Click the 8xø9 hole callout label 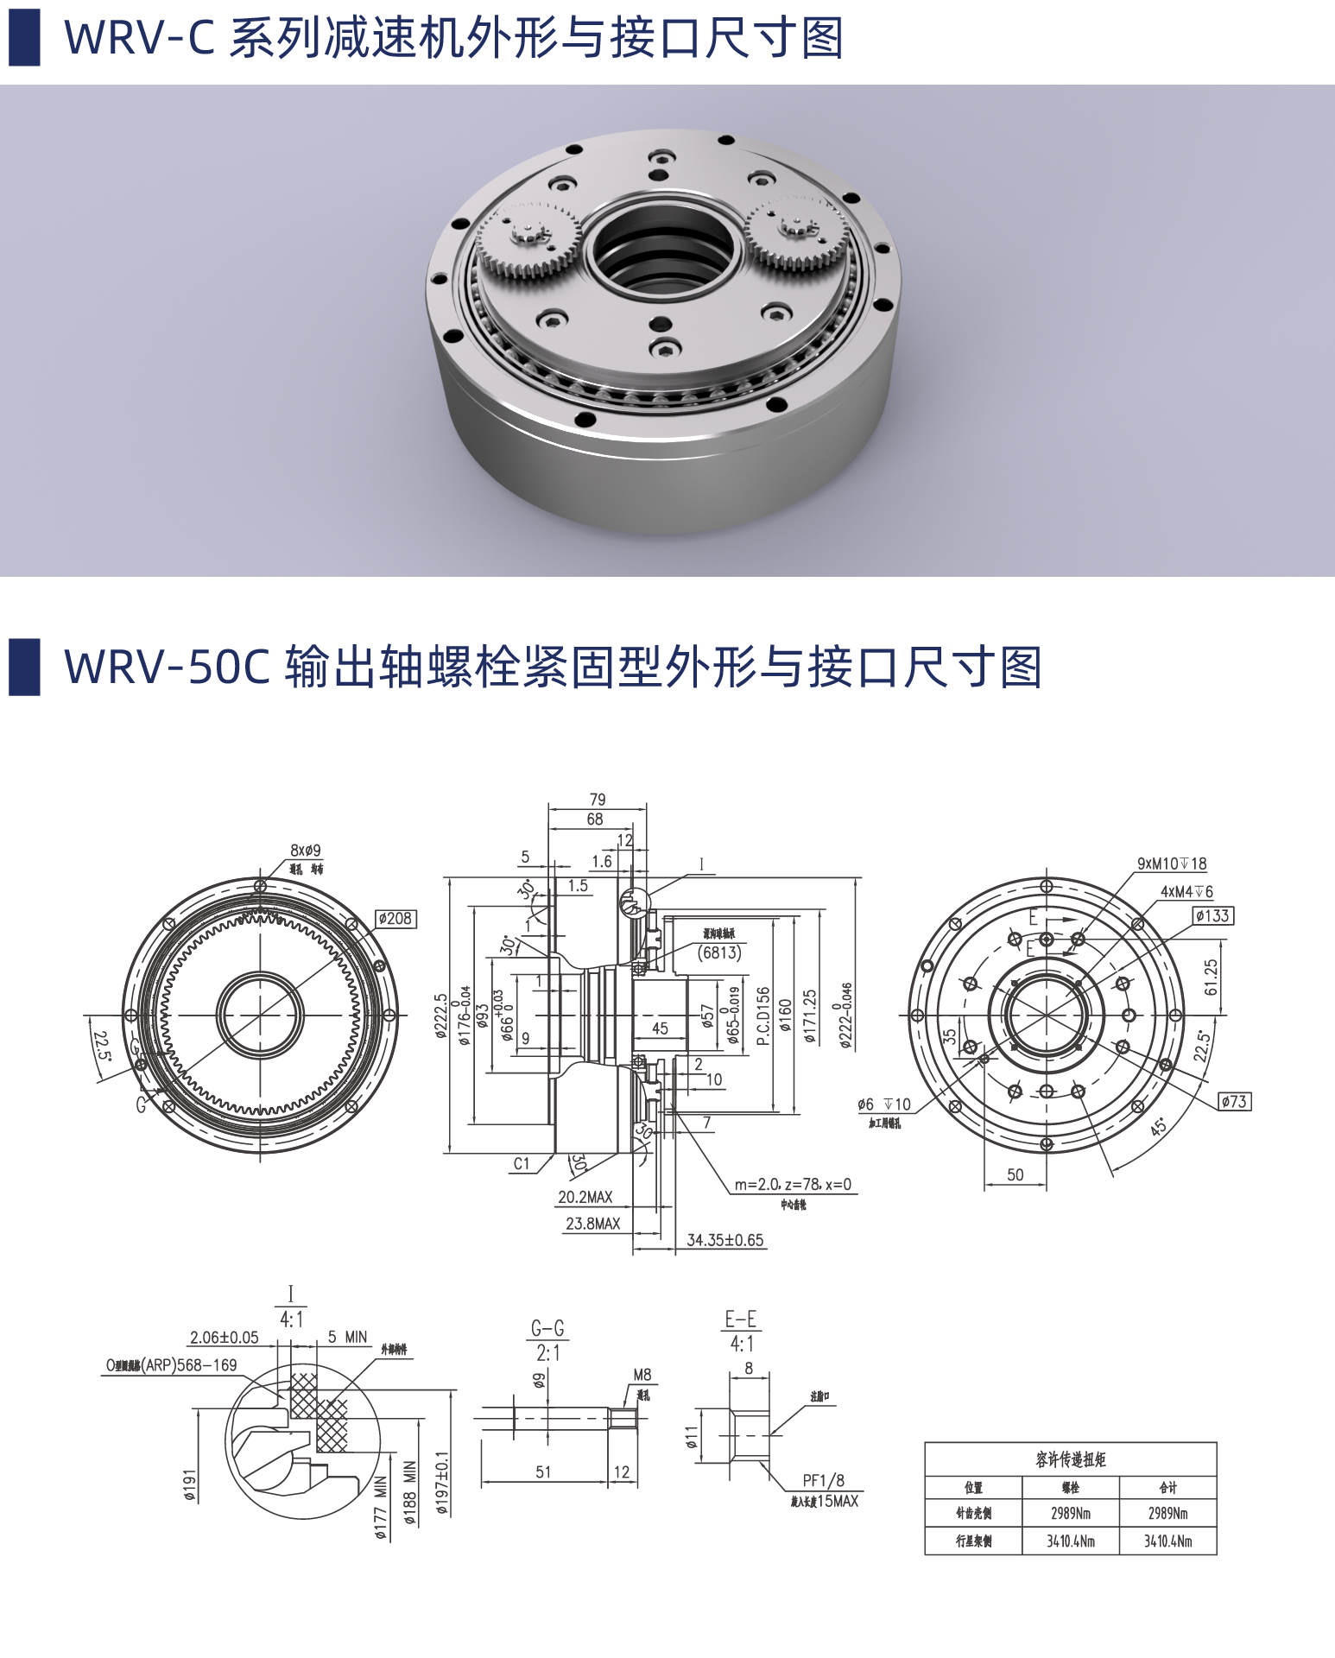pyautogui.click(x=305, y=850)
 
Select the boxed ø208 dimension pyautogui.click(x=395, y=919)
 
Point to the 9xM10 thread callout pyautogui.click(x=1171, y=864)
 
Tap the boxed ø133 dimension pyautogui.click(x=1212, y=915)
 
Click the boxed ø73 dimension pyautogui.click(x=1234, y=1102)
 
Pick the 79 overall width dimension pyautogui.click(x=597, y=800)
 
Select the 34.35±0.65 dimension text pyautogui.click(x=724, y=1240)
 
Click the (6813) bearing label pyautogui.click(x=719, y=952)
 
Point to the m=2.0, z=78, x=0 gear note pyautogui.click(x=793, y=1185)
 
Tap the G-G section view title pyautogui.click(x=547, y=1329)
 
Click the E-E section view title pyautogui.click(x=741, y=1319)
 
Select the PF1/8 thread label pyautogui.click(x=823, y=1480)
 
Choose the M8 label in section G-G pyautogui.click(x=642, y=1375)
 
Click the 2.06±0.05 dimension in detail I pyautogui.click(x=224, y=1338)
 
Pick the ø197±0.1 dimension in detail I pyautogui.click(x=442, y=1484)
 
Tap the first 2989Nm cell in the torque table pyautogui.click(x=1070, y=1513)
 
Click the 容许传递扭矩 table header pyautogui.click(x=1070, y=1459)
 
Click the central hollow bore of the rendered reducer pyautogui.click(x=662, y=250)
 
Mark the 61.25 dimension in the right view pyautogui.click(x=1211, y=977)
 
